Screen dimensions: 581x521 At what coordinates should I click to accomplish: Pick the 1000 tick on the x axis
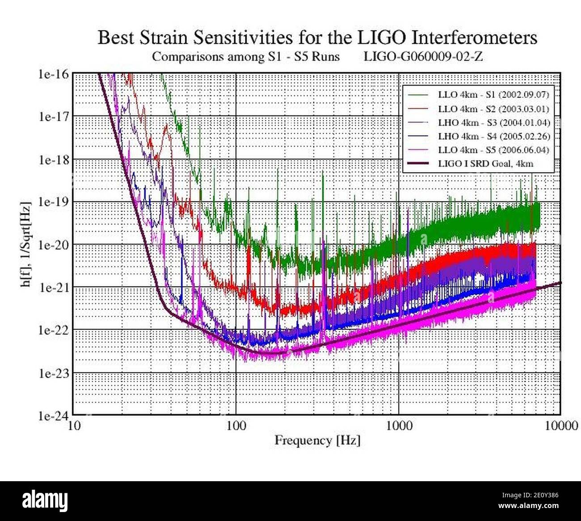tap(399, 425)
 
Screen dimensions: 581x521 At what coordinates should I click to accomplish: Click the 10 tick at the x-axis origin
tap(74, 425)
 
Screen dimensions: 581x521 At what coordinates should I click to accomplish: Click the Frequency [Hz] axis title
tap(317, 441)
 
